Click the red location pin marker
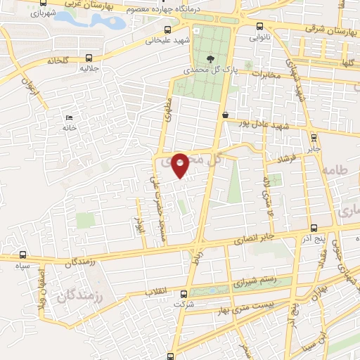[x=180, y=165]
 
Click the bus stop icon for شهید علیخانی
[x=167, y=30]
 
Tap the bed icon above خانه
[x=68, y=117]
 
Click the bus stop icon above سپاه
[x=24, y=255]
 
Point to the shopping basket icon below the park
[x=225, y=115]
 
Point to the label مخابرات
[x=266, y=75]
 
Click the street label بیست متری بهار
[x=245, y=304]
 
